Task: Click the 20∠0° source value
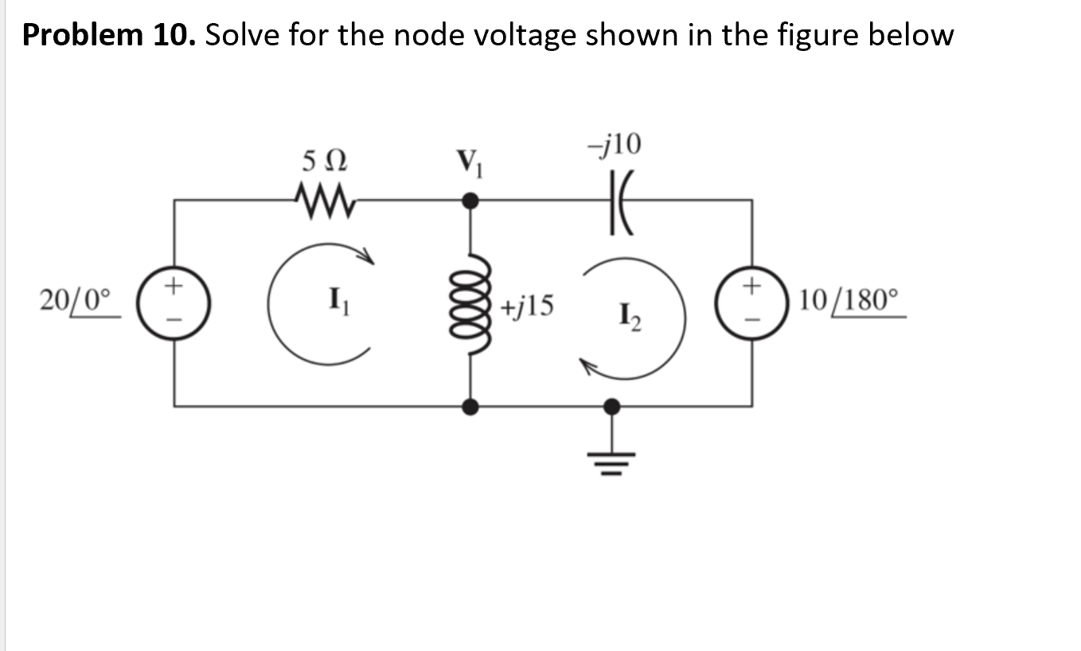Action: tap(78, 302)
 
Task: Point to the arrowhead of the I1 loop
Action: tap(366, 255)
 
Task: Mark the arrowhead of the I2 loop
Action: tap(586, 364)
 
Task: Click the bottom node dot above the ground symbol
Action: tap(611, 407)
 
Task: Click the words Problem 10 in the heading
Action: tap(107, 35)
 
